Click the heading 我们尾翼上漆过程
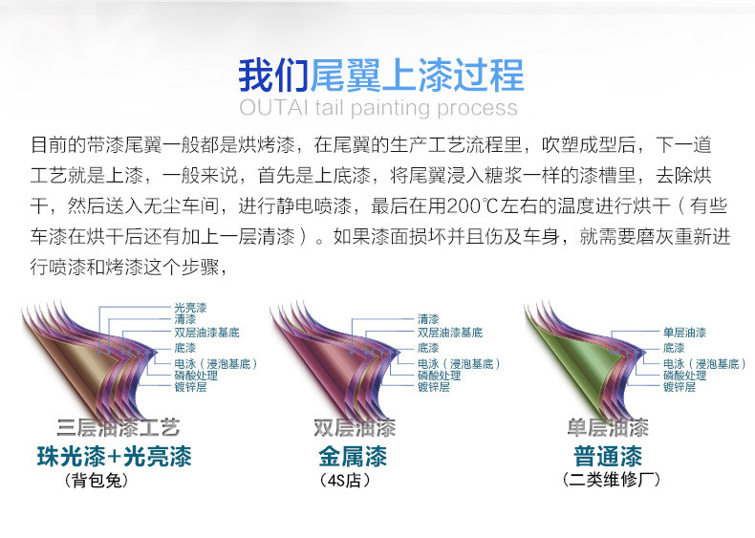pyautogui.click(x=380, y=74)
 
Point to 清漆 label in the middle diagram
pyautogui.click(x=428, y=318)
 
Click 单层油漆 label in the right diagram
pyautogui.click(x=684, y=333)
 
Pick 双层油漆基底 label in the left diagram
pyautogui.click(x=206, y=333)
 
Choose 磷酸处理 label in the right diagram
pyautogui.click(x=685, y=376)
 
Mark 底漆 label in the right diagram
pyautogui.click(x=674, y=348)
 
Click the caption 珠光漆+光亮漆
pyautogui.click(x=114, y=456)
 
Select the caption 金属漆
pyautogui.click(x=353, y=456)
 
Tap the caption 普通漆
pyautogui.click(x=608, y=456)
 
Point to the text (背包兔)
pyautogui.click(x=96, y=481)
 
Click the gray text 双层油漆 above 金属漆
pyautogui.click(x=354, y=427)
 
